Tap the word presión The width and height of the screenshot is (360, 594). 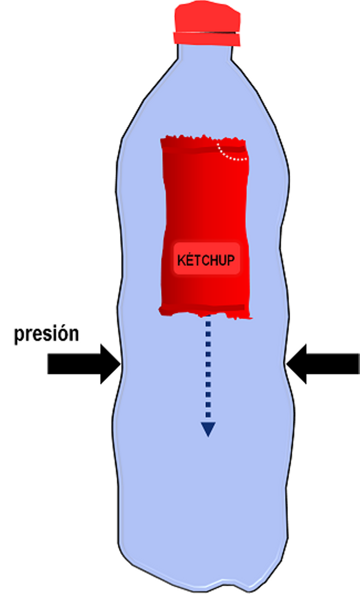click(x=46, y=334)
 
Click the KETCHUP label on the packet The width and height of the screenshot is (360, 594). click(x=206, y=260)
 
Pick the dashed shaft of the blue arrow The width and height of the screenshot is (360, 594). click(x=208, y=369)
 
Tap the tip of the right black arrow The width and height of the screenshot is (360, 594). click(x=287, y=364)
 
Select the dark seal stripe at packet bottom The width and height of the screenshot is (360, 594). click(x=204, y=308)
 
